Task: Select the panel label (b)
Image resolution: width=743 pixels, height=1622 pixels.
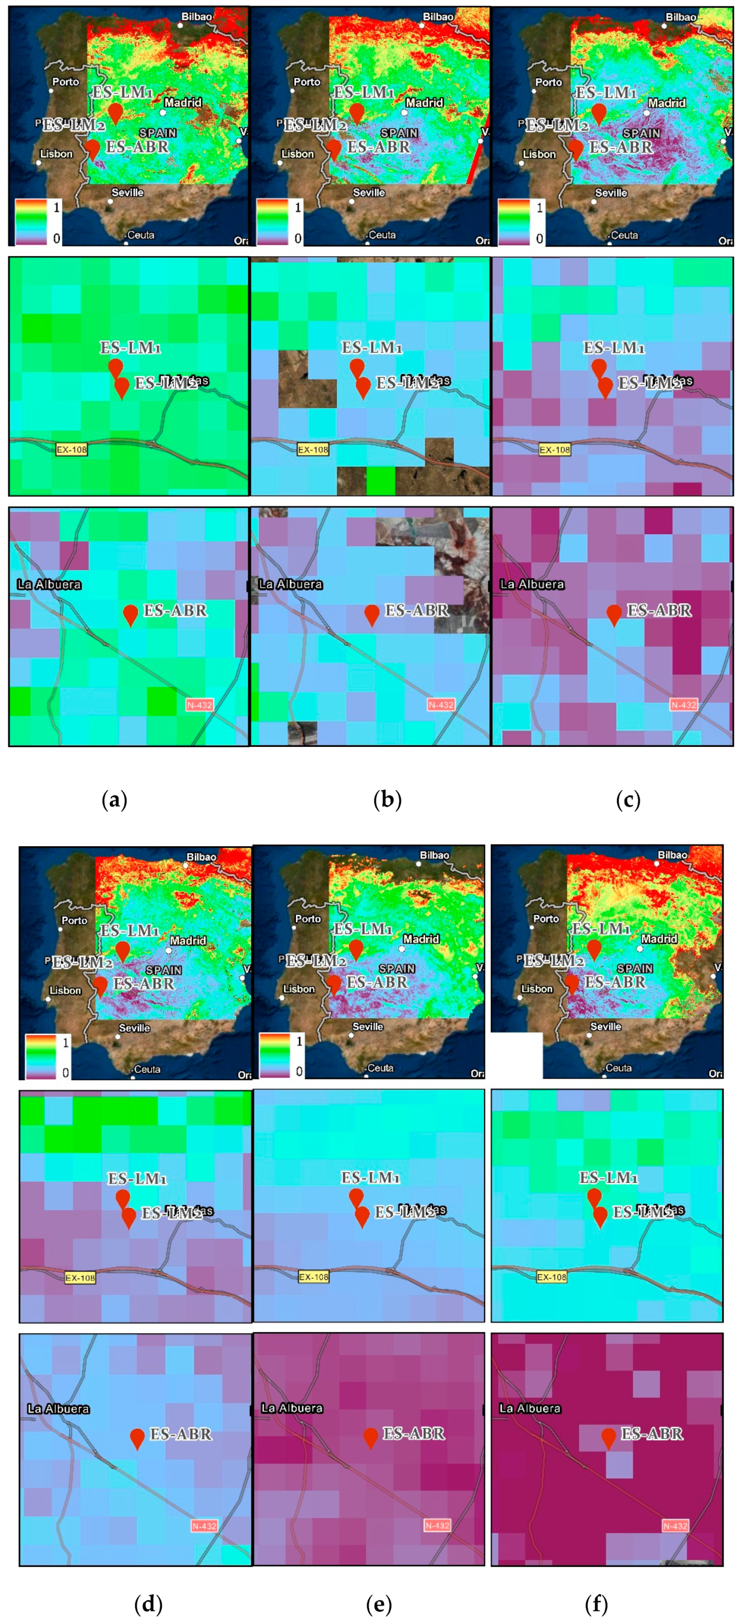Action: (387, 800)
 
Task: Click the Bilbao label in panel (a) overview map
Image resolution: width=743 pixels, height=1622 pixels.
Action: (197, 16)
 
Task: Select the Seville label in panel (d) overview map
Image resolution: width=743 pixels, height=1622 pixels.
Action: (134, 1028)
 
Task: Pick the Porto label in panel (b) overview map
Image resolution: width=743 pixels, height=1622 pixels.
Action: (307, 82)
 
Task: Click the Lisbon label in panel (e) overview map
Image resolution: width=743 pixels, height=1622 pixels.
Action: (298, 989)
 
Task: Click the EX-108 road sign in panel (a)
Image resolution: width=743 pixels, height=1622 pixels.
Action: (71, 450)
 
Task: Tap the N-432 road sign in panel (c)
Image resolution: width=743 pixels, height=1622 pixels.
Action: (683, 705)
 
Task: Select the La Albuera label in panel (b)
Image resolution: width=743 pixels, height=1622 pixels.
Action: (290, 584)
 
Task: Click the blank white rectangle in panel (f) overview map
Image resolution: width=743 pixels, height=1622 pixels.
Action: (516, 1055)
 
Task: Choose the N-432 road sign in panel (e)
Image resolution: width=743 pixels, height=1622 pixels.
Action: (437, 1526)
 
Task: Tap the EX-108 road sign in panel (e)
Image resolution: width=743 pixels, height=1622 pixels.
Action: (313, 1277)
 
